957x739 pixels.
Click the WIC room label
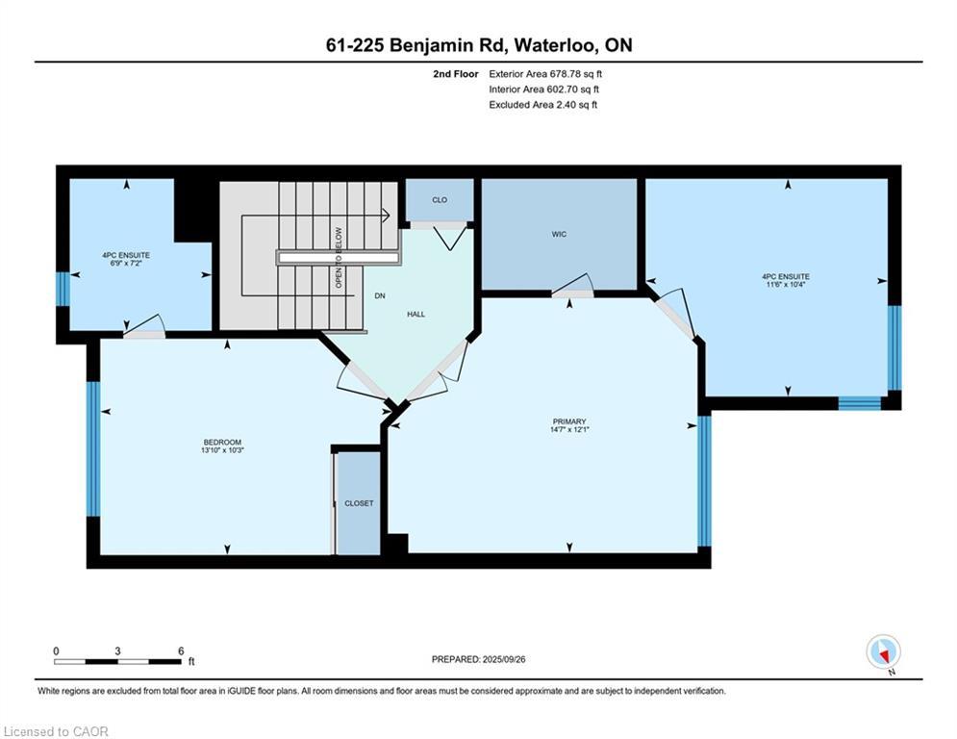559,234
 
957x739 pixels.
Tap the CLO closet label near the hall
440,200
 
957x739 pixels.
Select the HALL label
416,314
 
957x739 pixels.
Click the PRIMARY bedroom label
569,421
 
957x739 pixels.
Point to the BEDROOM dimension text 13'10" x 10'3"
222,450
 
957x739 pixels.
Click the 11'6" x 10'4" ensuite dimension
785,284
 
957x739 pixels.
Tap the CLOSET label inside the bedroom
359,503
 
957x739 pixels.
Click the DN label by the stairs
380,296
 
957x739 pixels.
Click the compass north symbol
882,651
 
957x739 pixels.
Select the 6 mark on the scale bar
180,650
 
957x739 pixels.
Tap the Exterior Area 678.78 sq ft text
545,73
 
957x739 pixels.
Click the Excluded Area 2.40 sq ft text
542,104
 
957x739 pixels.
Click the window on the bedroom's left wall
93,448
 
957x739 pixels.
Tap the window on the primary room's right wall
704,480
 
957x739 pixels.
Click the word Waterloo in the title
558,44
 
